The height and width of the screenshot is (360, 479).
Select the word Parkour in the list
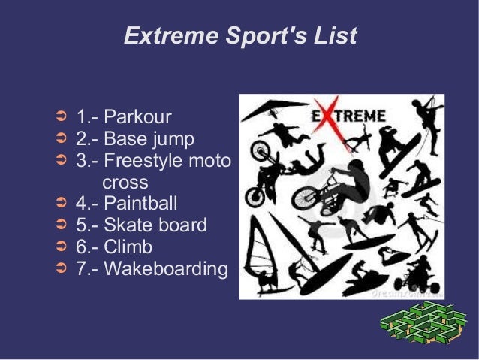[137, 117]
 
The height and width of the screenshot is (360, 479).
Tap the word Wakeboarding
[165, 269]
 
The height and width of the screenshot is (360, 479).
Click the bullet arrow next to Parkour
[63, 117]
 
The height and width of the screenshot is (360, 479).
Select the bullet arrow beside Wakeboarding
[63, 269]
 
